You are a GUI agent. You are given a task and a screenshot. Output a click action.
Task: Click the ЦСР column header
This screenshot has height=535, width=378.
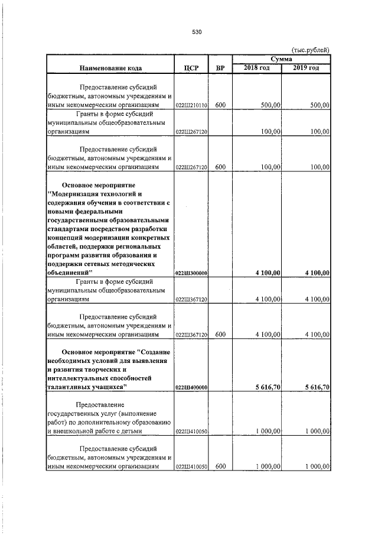click(191, 68)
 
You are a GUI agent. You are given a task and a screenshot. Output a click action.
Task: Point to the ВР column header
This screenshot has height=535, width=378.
click(220, 68)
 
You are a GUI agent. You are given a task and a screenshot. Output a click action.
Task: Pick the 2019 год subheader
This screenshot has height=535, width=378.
click(307, 69)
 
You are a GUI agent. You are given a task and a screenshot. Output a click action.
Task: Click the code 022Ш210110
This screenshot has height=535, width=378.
click(191, 105)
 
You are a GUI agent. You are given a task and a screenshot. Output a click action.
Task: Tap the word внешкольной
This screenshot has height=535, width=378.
click(76, 432)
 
